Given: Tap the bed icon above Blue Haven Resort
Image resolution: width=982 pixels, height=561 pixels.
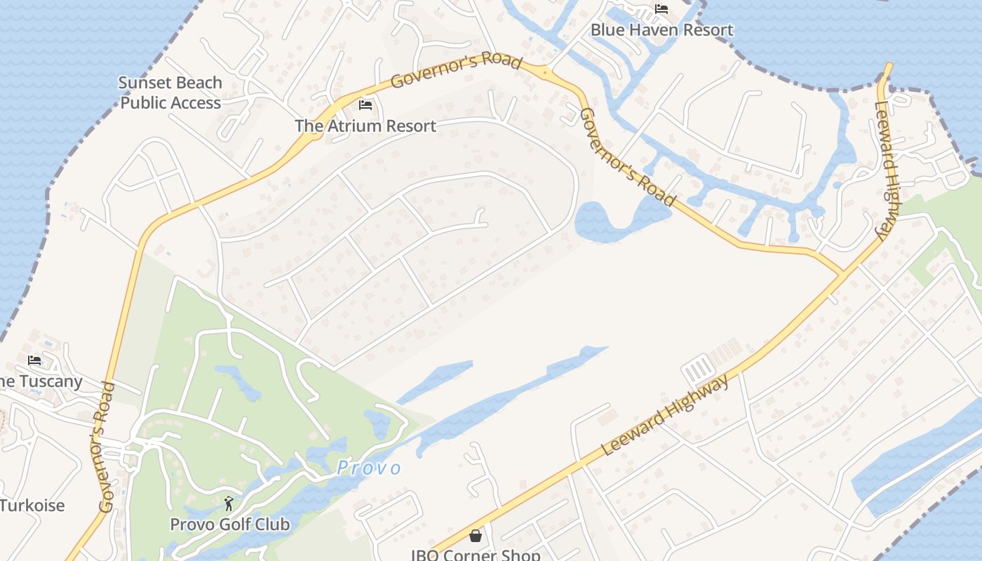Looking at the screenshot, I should click(661, 9).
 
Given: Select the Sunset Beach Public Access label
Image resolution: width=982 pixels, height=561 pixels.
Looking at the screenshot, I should click(170, 93).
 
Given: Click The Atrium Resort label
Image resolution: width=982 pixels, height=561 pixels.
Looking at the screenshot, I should click(365, 126).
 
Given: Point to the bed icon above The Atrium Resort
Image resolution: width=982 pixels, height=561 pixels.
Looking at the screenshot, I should click(365, 105).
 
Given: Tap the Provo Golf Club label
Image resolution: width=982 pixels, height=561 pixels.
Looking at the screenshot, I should click(229, 525).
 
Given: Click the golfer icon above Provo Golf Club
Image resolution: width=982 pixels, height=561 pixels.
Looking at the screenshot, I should click(229, 503).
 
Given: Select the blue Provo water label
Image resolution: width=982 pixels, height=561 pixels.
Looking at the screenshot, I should click(369, 468).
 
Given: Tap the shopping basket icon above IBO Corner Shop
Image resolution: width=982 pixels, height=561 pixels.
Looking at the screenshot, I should click(476, 536).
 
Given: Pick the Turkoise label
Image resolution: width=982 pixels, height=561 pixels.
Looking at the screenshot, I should click(32, 506).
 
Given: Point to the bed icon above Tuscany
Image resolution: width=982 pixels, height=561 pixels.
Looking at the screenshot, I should click(34, 360).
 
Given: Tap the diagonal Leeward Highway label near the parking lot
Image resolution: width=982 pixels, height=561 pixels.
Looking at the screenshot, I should click(665, 416).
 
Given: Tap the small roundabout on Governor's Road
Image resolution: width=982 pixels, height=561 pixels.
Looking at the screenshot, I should click(544, 72).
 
